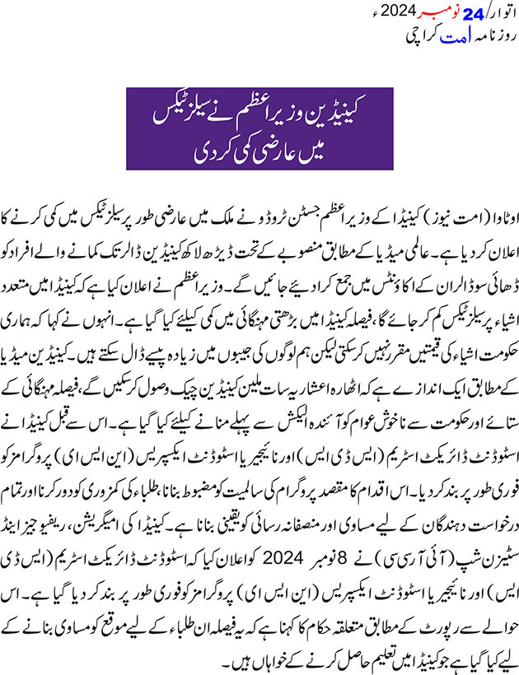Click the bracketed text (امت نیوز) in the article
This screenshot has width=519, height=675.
[x=453, y=203]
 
